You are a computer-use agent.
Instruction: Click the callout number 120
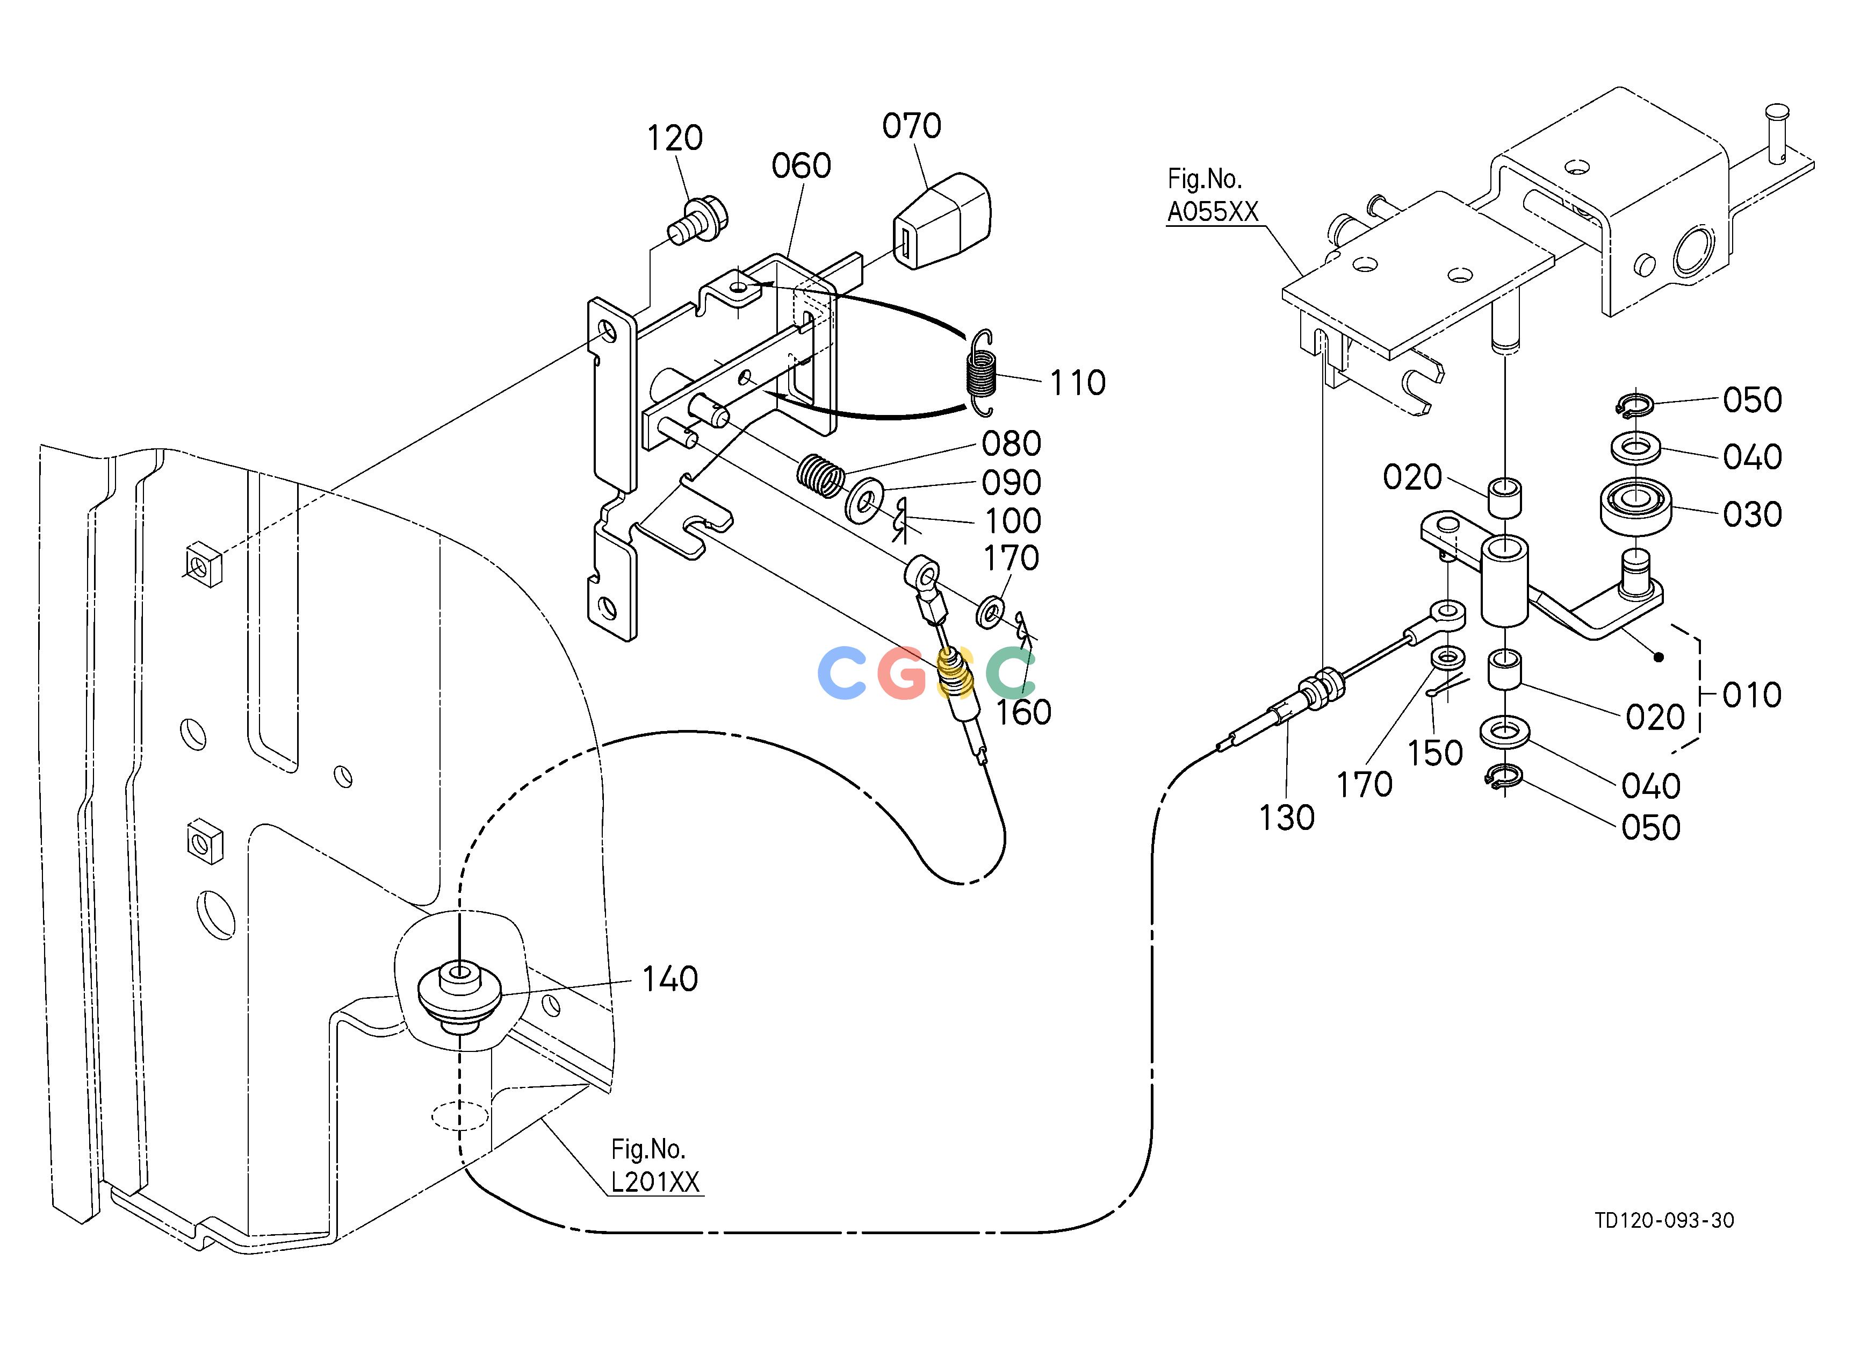675,138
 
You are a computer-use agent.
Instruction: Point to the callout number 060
802,166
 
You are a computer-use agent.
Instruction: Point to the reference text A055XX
1213,212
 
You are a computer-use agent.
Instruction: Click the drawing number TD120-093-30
1664,1244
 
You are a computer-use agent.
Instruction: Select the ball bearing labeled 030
1634,507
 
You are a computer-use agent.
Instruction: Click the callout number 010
1751,696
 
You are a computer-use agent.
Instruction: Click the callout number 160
1023,713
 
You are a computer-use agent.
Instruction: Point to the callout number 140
670,979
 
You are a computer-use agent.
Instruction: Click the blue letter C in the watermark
842,672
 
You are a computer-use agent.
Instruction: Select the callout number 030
1751,515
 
